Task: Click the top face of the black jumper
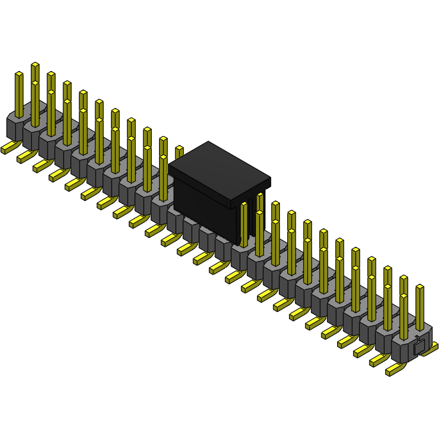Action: click(x=219, y=171)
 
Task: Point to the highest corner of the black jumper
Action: click(x=208, y=142)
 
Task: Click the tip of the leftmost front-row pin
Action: click(x=19, y=74)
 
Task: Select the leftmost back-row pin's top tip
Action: click(x=35, y=64)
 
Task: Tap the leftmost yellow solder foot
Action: click(x=8, y=148)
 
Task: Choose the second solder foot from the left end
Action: click(x=25, y=157)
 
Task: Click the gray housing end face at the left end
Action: click(x=13, y=128)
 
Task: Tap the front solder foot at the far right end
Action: click(x=395, y=369)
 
